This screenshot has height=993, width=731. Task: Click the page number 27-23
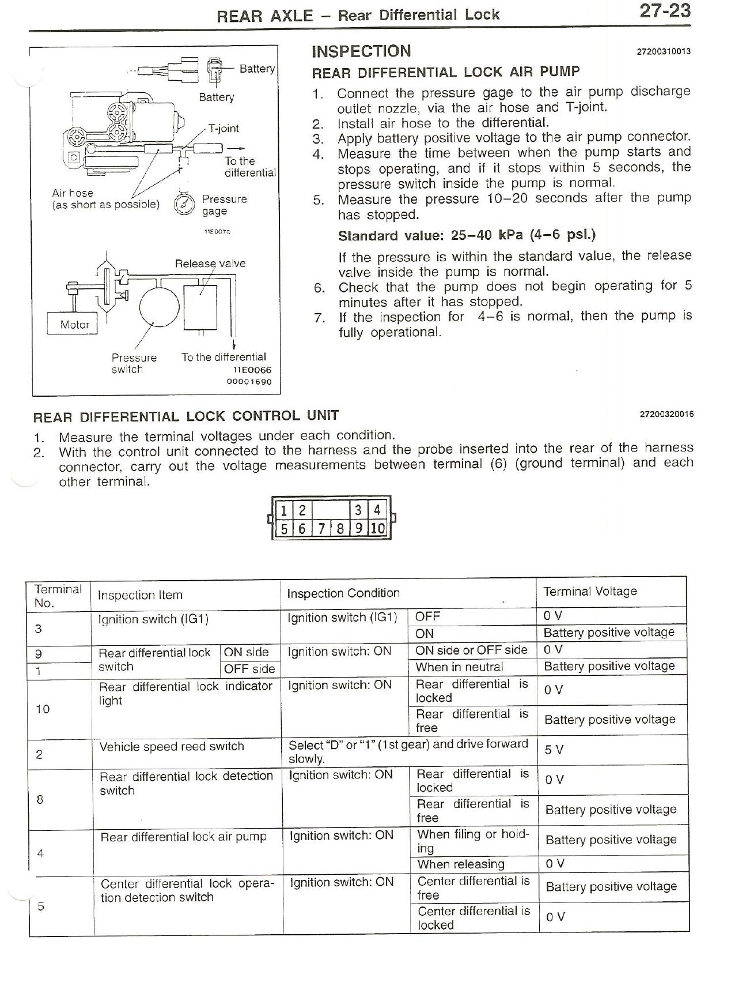tap(664, 11)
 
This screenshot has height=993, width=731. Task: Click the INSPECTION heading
tap(361, 51)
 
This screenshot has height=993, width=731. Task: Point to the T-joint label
tap(224, 128)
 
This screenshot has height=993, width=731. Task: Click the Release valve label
tap(210, 264)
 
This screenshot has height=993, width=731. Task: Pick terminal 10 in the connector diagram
tap(377, 528)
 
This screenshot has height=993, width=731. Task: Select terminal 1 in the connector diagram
tap(285, 510)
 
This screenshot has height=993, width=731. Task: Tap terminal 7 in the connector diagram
tap(321, 528)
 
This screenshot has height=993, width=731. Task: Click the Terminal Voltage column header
tap(590, 591)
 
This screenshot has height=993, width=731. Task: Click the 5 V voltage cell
tap(554, 750)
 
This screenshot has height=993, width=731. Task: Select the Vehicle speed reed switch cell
tap(172, 747)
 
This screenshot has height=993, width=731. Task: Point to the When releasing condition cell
tap(460, 864)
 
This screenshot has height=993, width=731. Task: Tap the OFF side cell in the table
tap(249, 669)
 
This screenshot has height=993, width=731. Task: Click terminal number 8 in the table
tap(40, 799)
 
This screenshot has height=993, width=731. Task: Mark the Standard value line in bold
tap(467, 235)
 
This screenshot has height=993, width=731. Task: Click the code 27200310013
tap(663, 51)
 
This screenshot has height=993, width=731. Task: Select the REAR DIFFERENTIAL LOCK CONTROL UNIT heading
tap(186, 416)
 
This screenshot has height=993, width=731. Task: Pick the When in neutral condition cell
tap(459, 667)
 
